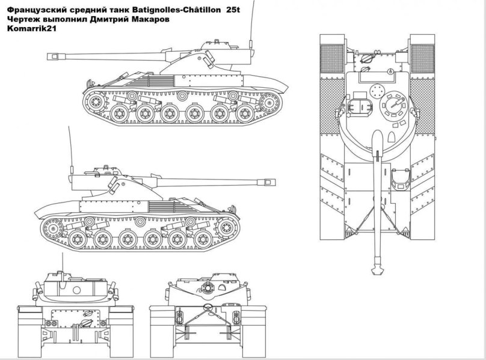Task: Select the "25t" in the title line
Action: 233,10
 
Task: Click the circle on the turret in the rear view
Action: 76,290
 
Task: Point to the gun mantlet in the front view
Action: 208,287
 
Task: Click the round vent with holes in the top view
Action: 377,91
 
